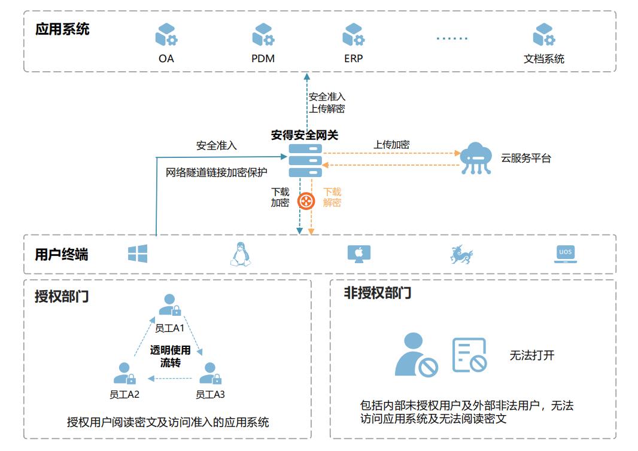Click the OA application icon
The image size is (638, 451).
166,35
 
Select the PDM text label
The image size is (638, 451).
263,59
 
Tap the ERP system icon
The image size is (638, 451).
354,35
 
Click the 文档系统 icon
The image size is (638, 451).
544,35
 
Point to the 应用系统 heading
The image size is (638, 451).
62,29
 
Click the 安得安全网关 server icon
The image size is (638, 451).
305,160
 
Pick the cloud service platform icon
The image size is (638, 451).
475,158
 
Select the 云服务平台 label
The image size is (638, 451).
525,158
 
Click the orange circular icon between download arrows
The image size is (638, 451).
306,201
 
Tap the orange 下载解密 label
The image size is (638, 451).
332,197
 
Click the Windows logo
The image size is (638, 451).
138,254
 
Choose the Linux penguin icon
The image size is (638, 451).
241,254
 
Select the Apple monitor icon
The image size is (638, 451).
359,254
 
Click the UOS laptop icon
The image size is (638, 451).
565,254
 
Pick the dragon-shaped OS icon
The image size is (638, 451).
461,255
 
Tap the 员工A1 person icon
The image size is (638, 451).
169,305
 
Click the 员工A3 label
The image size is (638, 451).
210,394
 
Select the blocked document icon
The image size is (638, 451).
470,355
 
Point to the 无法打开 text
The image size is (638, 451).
532,355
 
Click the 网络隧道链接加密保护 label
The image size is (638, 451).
216,172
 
